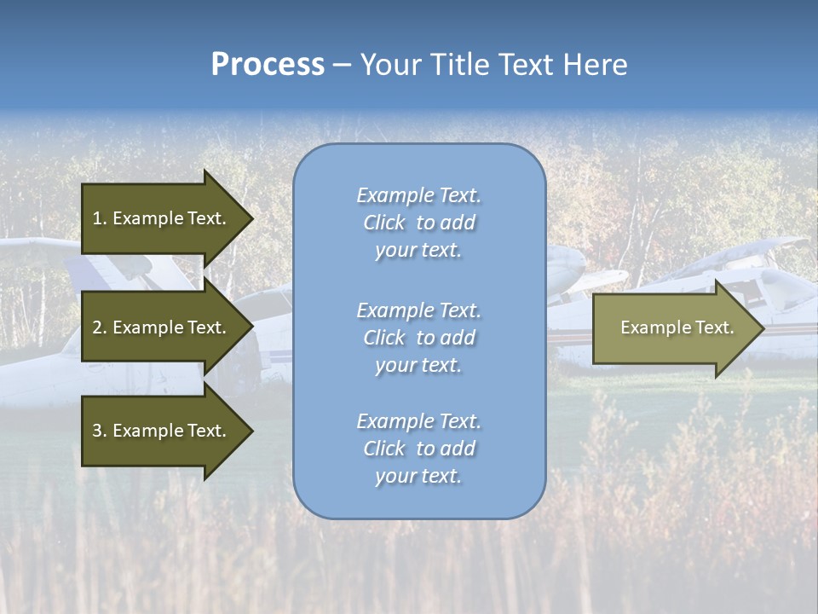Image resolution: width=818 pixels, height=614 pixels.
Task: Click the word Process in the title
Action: pos(268,65)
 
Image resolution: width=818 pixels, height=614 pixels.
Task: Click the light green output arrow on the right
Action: pos(673,327)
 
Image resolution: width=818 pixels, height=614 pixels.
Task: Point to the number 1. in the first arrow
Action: pos(100,218)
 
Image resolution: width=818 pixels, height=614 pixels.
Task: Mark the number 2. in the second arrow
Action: pos(100,327)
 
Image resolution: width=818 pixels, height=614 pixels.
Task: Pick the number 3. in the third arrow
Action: pos(100,431)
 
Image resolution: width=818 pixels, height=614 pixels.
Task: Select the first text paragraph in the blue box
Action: pos(418,223)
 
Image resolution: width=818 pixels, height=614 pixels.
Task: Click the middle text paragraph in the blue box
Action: pos(418,338)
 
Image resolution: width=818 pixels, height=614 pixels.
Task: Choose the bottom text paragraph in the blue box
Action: pos(418,449)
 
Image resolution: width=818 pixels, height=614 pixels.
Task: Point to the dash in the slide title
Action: pos(342,66)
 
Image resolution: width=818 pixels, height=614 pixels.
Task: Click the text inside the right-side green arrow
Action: pos(677,327)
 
